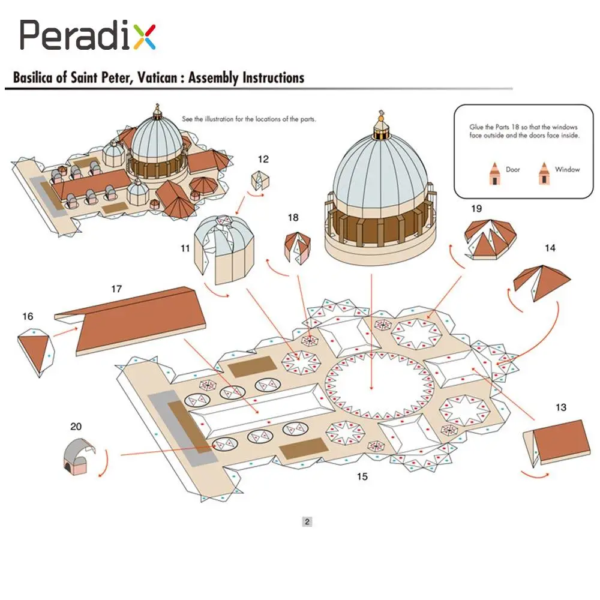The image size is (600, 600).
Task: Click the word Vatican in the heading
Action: (x=160, y=77)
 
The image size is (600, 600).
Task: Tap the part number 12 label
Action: (x=263, y=160)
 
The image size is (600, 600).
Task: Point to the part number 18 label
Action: (x=293, y=217)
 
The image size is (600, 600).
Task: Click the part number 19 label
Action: (x=476, y=209)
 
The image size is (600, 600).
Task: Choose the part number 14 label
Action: (x=550, y=247)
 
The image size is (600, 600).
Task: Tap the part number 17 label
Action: (x=116, y=289)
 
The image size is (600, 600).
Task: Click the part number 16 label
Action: (x=27, y=316)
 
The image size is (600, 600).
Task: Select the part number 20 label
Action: (x=76, y=427)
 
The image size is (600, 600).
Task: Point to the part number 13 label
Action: (x=560, y=408)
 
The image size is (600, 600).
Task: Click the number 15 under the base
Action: (x=362, y=477)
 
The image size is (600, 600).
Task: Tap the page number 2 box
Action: (x=307, y=521)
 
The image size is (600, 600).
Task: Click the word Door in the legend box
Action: (x=513, y=170)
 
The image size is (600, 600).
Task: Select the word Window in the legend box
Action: (x=567, y=170)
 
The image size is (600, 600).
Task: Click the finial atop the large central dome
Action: (x=380, y=122)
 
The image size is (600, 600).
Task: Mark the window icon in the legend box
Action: (x=544, y=173)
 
